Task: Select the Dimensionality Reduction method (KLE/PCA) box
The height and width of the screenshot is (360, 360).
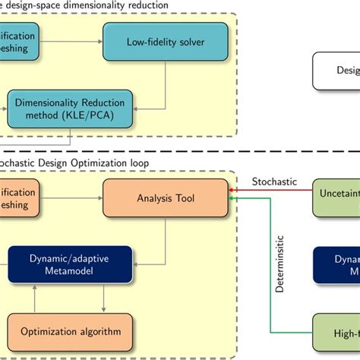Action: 70,108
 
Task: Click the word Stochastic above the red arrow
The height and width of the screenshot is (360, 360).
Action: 275,182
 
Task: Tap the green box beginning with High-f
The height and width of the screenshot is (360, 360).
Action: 338,333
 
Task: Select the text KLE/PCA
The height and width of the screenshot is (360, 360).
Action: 96,115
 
